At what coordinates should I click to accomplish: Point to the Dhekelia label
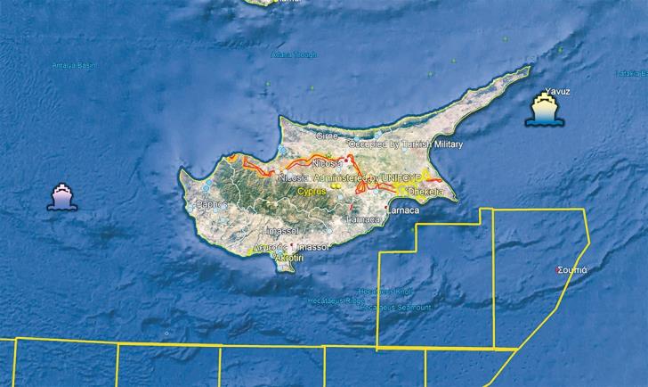425,190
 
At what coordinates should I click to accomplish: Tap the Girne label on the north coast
328,136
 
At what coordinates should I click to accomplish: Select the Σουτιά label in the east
571,268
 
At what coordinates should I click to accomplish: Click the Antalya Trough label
293,54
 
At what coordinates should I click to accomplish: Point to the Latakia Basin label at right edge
632,74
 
